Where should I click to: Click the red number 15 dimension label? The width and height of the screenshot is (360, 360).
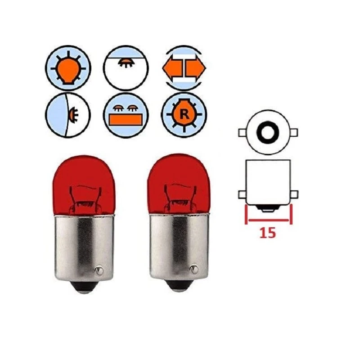pyautogui.click(x=267, y=233)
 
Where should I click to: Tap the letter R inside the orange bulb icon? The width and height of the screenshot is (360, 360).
pyautogui.click(x=184, y=114)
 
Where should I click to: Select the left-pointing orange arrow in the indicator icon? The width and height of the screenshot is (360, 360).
pyautogui.click(x=172, y=68)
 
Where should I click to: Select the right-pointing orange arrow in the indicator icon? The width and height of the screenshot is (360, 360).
pyautogui.click(x=196, y=68)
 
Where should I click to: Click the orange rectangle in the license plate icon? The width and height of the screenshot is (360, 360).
pyautogui.click(x=126, y=120)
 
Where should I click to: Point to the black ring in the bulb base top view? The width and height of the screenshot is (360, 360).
pyautogui.click(x=268, y=132)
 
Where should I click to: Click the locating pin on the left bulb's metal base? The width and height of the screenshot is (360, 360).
pyautogui.click(x=99, y=270)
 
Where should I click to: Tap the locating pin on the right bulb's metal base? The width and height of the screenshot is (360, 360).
pyautogui.click(x=194, y=269)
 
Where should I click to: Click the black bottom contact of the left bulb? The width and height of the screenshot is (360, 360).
pyautogui.click(x=84, y=287)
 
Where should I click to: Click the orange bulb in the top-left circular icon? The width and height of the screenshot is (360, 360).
pyautogui.click(x=68, y=70)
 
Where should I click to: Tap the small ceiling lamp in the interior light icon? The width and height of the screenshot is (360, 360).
pyautogui.click(x=126, y=63)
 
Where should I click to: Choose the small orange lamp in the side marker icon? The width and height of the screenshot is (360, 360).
pyautogui.click(x=74, y=114)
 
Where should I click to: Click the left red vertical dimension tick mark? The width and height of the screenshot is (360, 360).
pyautogui.click(x=246, y=215)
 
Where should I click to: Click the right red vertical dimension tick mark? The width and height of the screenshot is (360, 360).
pyautogui.click(x=291, y=215)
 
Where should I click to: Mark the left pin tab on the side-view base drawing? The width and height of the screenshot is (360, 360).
pyautogui.click(x=242, y=194)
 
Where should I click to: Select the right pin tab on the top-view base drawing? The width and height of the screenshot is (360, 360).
pyautogui.click(x=294, y=132)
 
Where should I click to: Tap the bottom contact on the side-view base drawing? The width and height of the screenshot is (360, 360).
pyautogui.click(x=268, y=208)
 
